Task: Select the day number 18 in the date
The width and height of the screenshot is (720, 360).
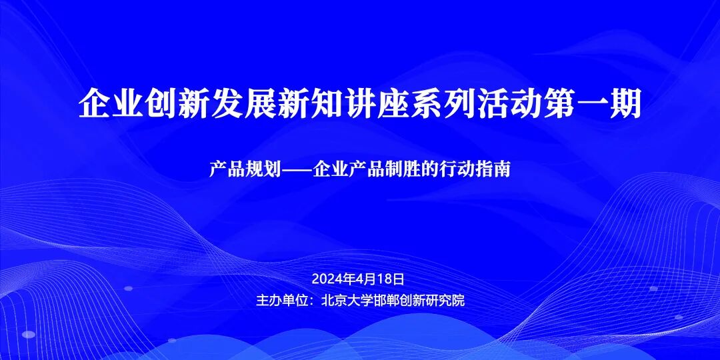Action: pos(388,278)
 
